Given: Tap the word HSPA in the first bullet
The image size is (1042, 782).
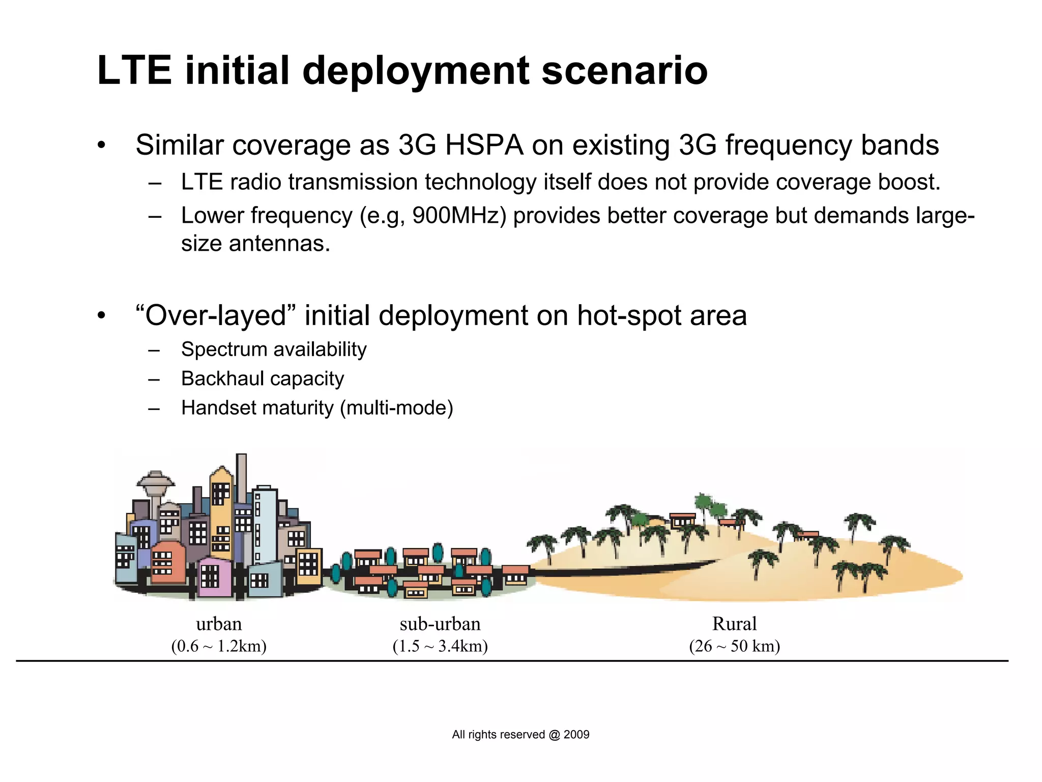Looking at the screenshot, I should pos(484,145).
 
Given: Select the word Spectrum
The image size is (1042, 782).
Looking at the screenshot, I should pos(224,350).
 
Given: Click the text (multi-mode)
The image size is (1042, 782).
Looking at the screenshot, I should pos(396,408).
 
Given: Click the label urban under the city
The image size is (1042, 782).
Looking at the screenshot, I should pos(219,624).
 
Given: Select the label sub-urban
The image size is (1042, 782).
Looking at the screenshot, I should pos(440,624).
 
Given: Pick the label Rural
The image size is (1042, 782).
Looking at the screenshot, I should pos(734,624).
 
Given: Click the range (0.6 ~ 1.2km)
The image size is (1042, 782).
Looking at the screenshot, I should pos(219,646).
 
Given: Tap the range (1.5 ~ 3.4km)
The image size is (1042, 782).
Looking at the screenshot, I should pos(440,646).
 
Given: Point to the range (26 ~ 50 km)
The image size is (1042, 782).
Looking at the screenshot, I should pos(734,646).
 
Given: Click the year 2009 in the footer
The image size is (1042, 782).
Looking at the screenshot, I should pos(576,735).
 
